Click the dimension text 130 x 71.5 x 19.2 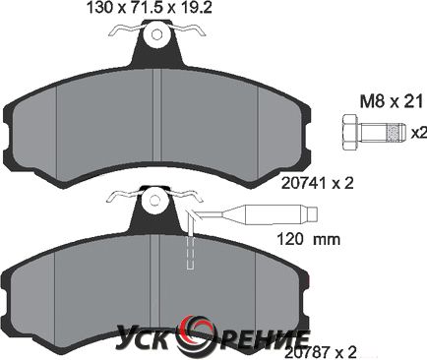click(149, 8)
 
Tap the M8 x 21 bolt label click(392, 102)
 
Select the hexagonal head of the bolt click(350, 133)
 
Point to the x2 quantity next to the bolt click(419, 133)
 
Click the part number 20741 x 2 click(318, 184)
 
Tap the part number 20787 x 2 click(320, 353)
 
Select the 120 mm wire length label click(309, 240)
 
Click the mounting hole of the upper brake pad click(157, 34)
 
